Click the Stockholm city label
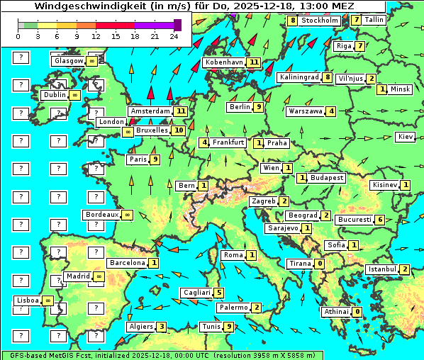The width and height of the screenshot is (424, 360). [x=320, y=21]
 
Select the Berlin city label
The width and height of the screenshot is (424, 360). [x=240, y=107]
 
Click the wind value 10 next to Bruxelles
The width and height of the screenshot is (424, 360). [x=178, y=130]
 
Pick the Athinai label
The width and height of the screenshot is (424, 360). [x=336, y=312]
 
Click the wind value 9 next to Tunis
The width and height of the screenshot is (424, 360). [x=228, y=327]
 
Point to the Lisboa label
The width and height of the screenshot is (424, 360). [x=28, y=300]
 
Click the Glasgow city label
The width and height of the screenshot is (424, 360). [x=68, y=61]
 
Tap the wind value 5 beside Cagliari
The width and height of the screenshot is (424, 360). [x=220, y=293]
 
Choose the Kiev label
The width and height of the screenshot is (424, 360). [x=406, y=137]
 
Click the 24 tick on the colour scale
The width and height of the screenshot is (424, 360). [x=174, y=36]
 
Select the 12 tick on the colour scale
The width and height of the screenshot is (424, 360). [x=96, y=36]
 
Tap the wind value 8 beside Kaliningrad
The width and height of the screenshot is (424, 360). [x=327, y=77]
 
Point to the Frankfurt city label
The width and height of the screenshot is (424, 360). [x=228, y=142]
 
